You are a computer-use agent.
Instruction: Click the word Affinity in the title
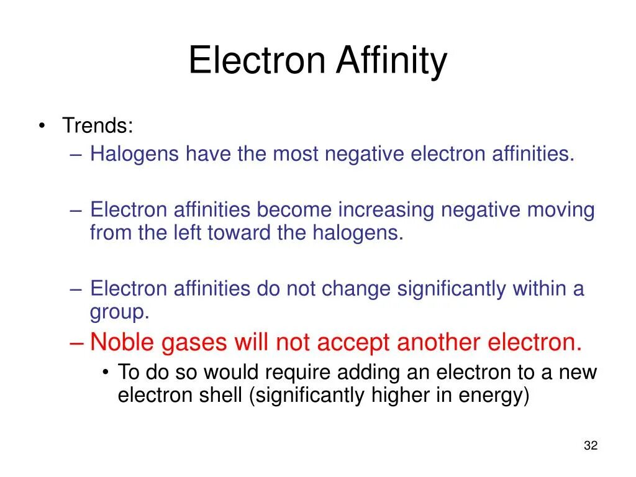click(391, 61)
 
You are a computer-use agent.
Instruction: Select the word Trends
click(96, 126)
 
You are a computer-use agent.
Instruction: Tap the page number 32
click(591, 445)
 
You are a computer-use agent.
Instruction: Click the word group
click(118, 312)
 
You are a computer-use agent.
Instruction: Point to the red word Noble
click(122, 342)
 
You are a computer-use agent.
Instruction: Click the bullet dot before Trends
click(42, 126)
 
